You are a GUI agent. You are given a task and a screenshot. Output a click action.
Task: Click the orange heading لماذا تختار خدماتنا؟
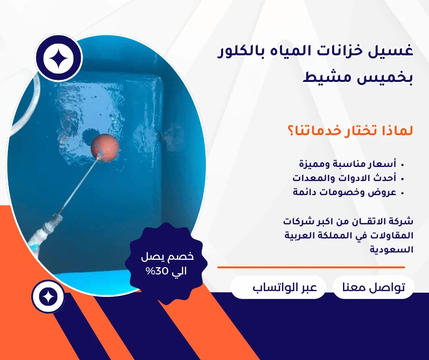point(350,130)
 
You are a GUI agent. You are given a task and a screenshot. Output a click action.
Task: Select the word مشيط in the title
point(329,79)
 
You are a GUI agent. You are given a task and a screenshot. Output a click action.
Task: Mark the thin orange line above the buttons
point(311,267)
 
